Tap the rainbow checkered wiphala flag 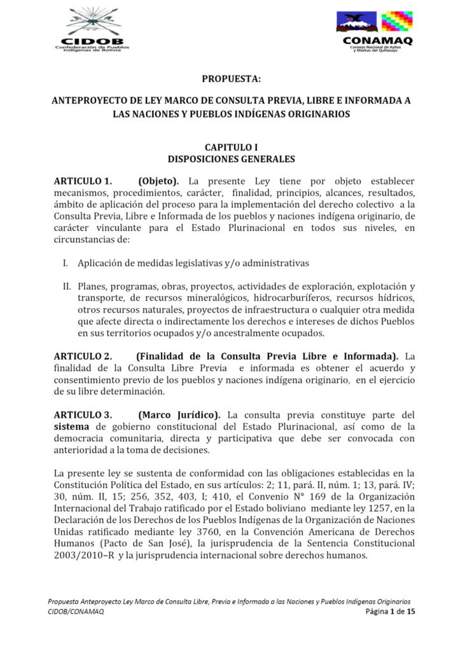397,21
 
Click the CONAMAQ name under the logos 378,41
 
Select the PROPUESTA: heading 232,79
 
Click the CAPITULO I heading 232,147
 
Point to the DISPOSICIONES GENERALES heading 232,158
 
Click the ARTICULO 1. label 83,181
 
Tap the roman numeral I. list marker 66,263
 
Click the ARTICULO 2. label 83,356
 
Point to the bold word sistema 74,427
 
